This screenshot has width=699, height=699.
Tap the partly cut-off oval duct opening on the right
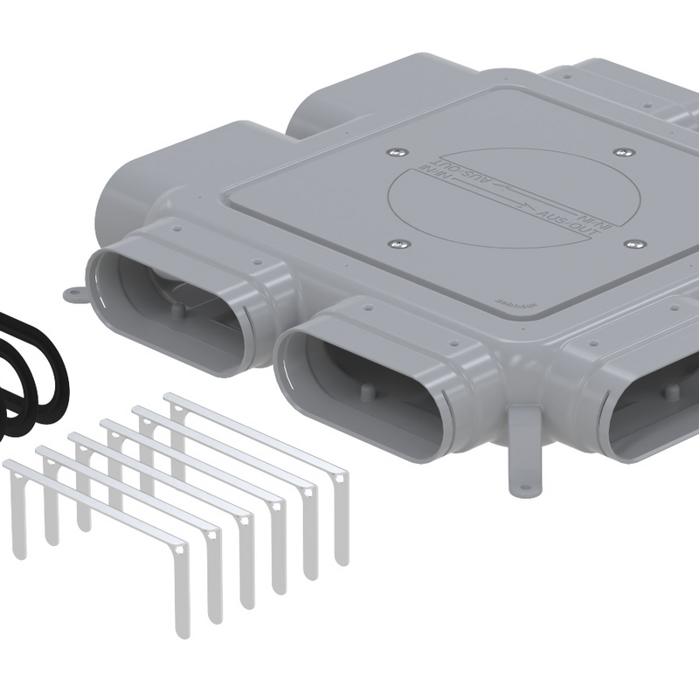click(655, 411)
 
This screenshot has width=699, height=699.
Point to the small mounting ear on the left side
click(75, 294)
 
